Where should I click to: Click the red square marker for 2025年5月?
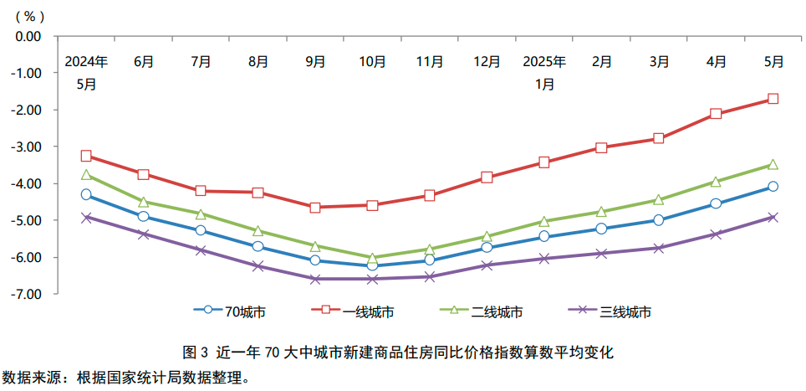[x=773, y=99]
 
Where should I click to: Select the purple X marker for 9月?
[x=315, y=279]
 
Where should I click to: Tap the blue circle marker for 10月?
[x=372, y=266]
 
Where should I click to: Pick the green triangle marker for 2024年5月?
[x=86, y=175]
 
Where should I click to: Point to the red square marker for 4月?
[x=716, y=114]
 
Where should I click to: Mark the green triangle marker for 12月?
[x=487, y=236]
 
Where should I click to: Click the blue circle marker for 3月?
[x=659, y=220]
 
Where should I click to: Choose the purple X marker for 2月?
[x=601, y=253]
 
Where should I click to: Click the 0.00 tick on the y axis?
[x=28, y=36]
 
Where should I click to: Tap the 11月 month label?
[x=430, y=61]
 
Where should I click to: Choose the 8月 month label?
[x=258, y=61]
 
